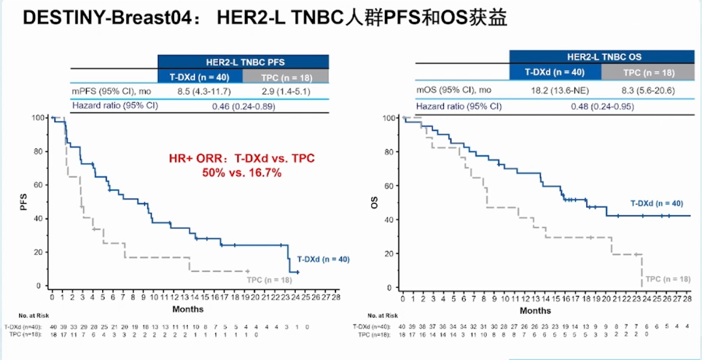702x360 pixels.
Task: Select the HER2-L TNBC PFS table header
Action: pyautogui.click(x=242, y=62)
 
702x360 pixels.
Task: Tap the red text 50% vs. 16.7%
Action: pyautogui.click(x=237, y=173)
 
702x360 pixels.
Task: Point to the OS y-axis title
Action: pyautogui.click(x=374, y=203)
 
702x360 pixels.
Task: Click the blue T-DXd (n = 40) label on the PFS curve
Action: pyautogui.click(x=323, y=259)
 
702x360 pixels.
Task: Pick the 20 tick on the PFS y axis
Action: pyautogui.click(x=39, y=252)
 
